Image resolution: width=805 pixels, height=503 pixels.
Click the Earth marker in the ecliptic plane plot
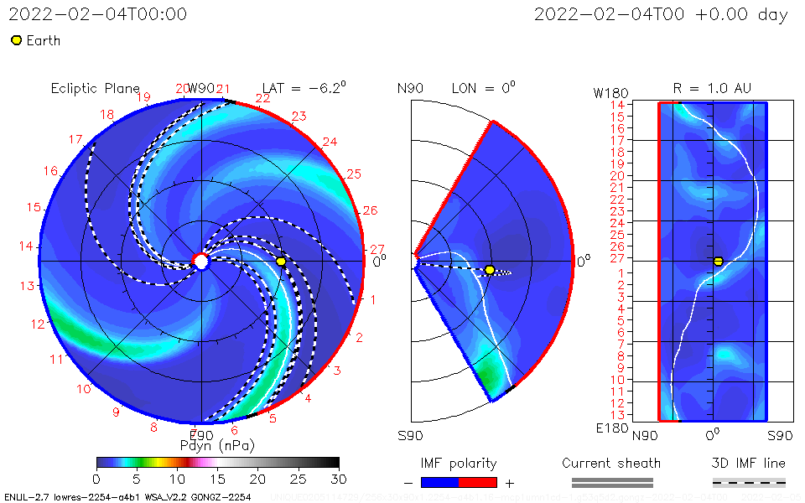[281, 262]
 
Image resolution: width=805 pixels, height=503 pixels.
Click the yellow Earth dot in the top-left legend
[16, 40]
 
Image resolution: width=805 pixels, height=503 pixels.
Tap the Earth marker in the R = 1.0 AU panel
[718, 262]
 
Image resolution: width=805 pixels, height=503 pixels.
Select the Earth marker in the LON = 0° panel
[490, 270]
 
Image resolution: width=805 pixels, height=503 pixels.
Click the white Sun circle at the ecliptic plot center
[201, 262]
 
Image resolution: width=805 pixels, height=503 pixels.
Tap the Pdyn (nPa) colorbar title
[217, 445]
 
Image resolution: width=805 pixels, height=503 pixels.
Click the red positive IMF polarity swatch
[478, 482]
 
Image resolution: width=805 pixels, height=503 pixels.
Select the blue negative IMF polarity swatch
[440, 482]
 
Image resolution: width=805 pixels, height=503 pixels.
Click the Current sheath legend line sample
[611, 482]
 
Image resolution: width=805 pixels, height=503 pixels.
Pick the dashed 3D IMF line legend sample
[749, 482]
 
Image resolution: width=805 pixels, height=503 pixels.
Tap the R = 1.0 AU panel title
[712, 88]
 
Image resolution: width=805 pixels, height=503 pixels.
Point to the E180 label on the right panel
[610, 428]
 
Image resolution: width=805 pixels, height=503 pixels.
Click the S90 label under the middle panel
[410, 436]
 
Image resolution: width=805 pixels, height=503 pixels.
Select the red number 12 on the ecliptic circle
[37, 324]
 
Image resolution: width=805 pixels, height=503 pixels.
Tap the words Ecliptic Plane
[95, 88]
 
